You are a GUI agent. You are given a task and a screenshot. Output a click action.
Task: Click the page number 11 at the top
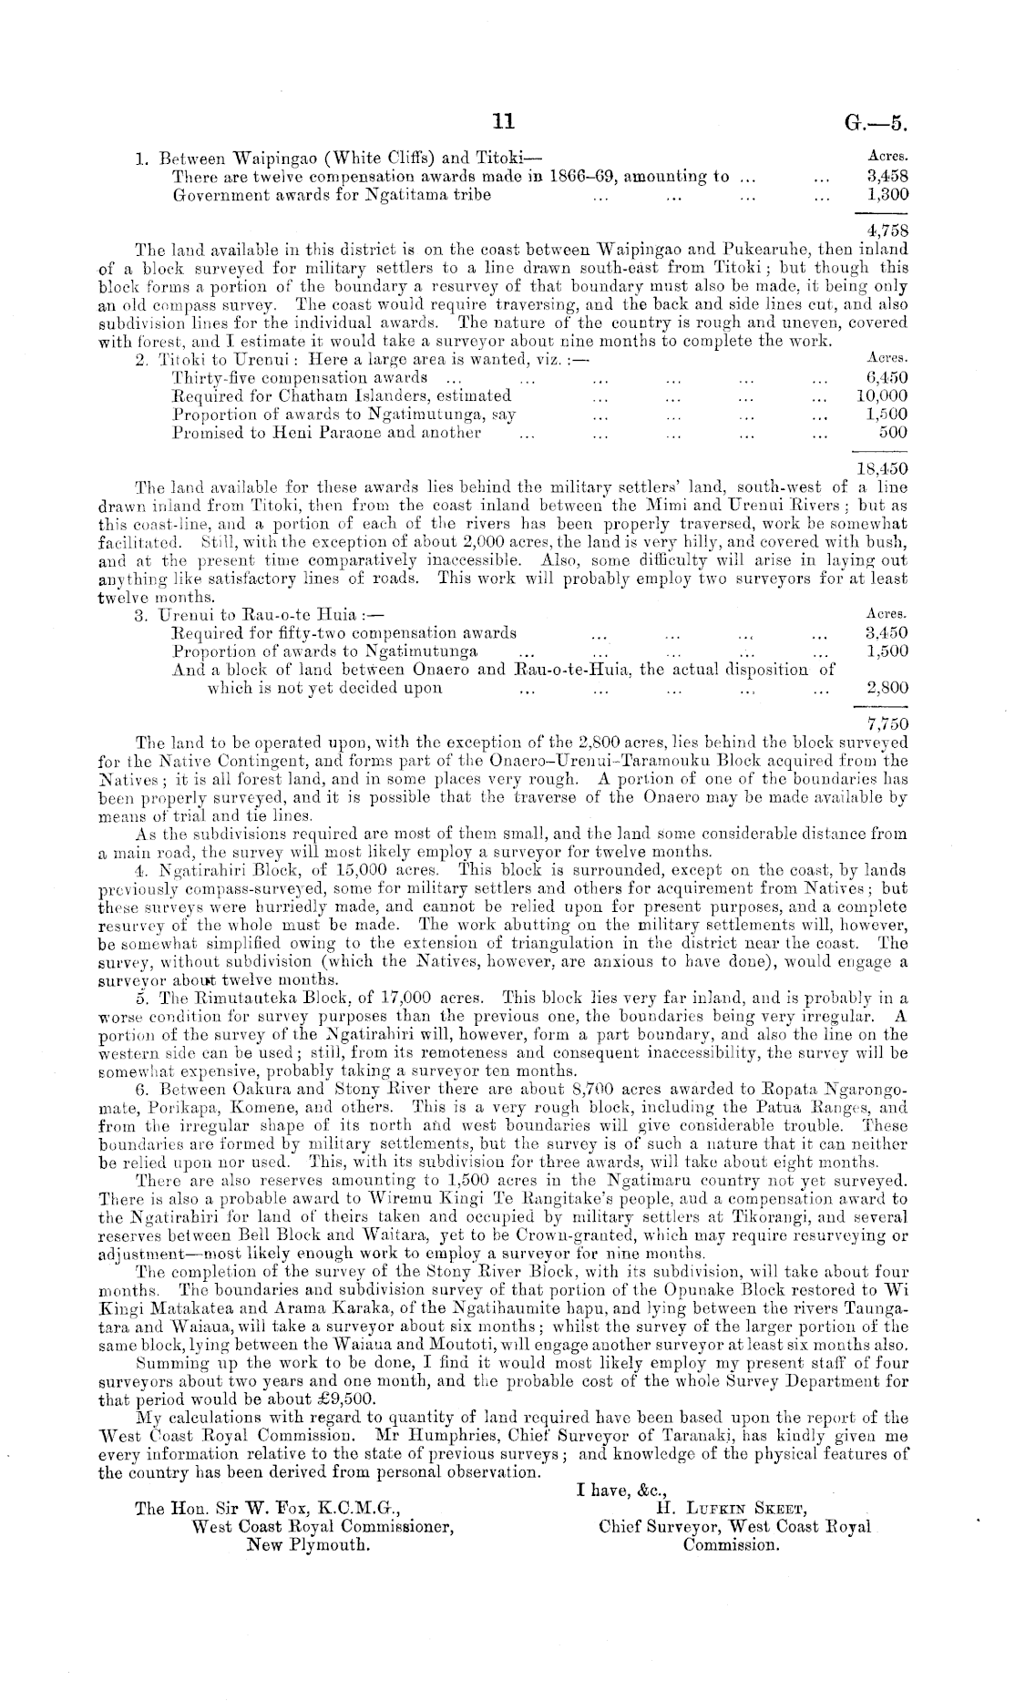point(504,122)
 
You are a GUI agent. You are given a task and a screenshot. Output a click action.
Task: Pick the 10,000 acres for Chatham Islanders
point(882,395)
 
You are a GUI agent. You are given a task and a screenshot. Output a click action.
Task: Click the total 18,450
point(883,468)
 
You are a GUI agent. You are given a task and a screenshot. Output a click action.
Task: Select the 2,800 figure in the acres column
point(886,688)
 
